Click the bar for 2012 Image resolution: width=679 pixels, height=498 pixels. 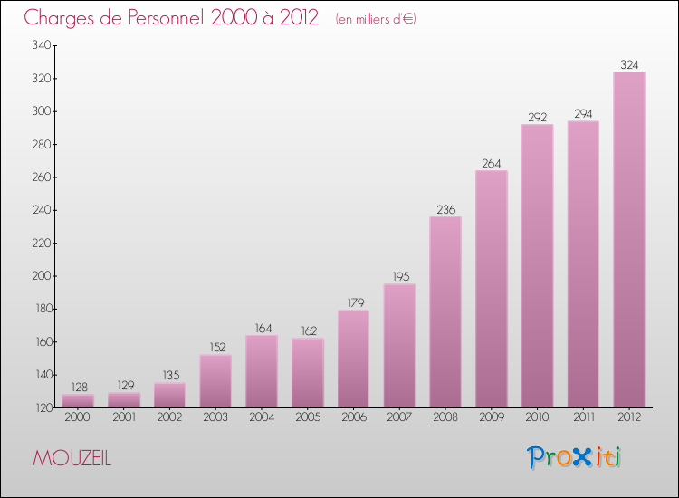[629, 240]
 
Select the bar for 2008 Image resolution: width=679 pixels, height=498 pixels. [445, 312]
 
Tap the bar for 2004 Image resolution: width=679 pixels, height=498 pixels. [262, 371]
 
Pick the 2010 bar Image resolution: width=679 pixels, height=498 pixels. [537, 266]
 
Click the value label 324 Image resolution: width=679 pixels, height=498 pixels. [629, 64]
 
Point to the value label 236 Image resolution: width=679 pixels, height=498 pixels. [445, 209]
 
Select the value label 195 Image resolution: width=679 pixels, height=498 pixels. [399, 276]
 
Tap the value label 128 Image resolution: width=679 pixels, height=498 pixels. [78, 387]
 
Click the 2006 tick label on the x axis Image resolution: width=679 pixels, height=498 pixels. [353, 417]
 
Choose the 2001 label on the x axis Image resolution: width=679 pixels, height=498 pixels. [124, 417]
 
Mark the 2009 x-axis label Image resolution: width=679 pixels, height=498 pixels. [492, 417]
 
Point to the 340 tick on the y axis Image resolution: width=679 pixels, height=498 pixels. [40, 45]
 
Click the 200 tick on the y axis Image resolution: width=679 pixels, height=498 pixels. [40, 276]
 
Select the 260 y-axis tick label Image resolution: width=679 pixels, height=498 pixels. [40, 177]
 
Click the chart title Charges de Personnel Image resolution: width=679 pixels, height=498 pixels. [171, 18]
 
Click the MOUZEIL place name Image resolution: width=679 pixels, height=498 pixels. [72, 458]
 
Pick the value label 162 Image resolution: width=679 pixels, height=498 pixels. [308, 330]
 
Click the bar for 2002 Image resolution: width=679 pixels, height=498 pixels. [169, 396]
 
